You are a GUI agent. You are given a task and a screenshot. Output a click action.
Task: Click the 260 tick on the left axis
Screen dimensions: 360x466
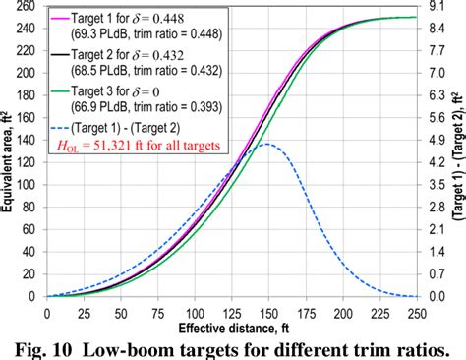pyautogui.click(x=28, y=6)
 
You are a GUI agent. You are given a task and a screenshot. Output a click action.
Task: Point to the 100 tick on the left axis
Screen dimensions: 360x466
pyautogui.click(x=28, y=184)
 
